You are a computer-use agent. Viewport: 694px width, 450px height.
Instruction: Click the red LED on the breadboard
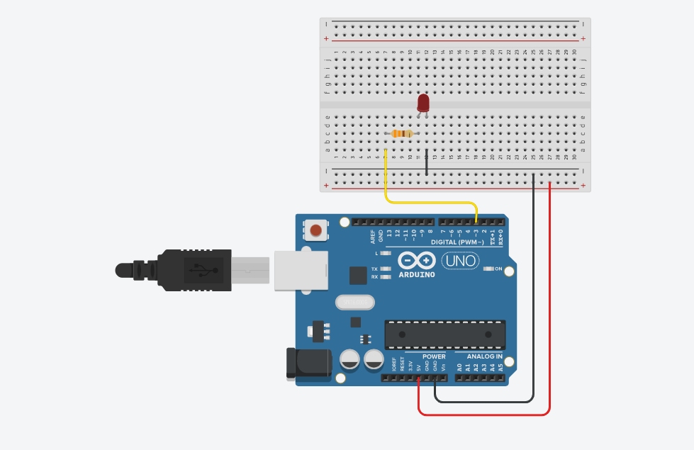pyautogui.click(x=423, y=103)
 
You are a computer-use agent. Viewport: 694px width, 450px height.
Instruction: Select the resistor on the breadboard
pyautogui.click(x=403, y=134)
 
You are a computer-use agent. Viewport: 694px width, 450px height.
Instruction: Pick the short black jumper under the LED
pyautogui.click(x=426, y=162)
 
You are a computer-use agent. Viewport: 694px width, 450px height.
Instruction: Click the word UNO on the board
pyautogui.click(x=460, y=261)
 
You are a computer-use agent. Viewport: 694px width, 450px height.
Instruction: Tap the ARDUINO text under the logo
pyautogui.click(x=417, y=274)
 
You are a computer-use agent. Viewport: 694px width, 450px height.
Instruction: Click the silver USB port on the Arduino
pyautogui.click(x=301, y=271)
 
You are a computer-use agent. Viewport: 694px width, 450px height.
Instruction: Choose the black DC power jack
pyautogui.click(x=308, y=362)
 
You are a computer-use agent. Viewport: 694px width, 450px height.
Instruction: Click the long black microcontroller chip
pyautogui.click(x=445, y=334)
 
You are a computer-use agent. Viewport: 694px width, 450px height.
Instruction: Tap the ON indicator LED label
pyautogui.click(x=498, y=269)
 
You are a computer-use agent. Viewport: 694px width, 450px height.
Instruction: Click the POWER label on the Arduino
pyautogui.click(x=434, y=356)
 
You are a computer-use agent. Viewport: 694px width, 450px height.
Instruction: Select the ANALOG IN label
pyautogui.click(x=484, y=356)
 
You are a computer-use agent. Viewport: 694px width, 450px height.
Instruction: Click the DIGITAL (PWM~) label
pyautogui.click(x=454, y=242)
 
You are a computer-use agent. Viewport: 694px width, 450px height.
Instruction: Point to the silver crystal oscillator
pyautogui.click(x=354, y=302)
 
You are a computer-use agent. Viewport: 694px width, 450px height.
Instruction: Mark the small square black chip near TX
pyautogui.click(x=358, y=275)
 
